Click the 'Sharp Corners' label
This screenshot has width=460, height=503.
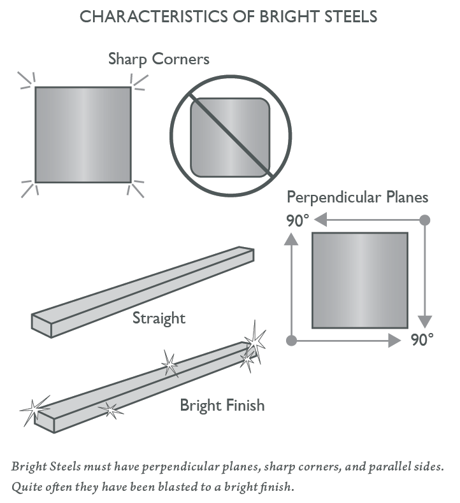click(159, 60)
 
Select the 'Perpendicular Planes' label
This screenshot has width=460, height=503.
click(357, 197)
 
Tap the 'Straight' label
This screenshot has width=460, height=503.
click(159, 317)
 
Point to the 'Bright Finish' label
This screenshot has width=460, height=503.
click(222, 405)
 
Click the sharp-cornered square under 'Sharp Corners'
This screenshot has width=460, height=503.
click(83, 134)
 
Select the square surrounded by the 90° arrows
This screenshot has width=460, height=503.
click(359, 280)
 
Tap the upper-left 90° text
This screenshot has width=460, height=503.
click(296, 221)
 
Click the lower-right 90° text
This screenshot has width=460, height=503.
click(422, 340)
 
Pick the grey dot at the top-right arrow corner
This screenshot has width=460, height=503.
click(425, 220)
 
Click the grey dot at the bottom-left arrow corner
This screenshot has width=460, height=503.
click(291, 341)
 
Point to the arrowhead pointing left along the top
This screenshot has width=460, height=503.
click(320, 220)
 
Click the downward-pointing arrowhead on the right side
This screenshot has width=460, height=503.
click(425, 320)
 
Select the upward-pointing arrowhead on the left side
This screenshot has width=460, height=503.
click(291, 239)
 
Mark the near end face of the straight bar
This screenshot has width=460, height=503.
click(42, 323)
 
